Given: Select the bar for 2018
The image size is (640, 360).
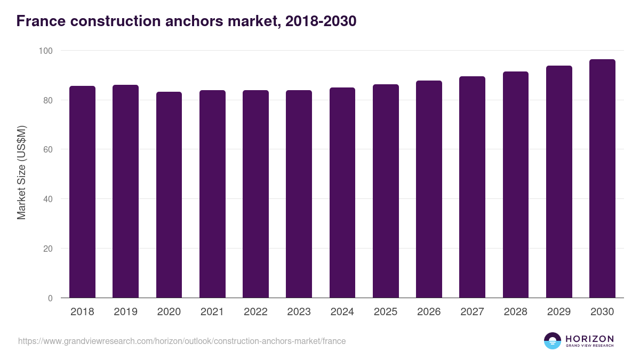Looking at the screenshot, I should [82, 192].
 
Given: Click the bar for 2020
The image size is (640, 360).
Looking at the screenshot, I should [169, 195].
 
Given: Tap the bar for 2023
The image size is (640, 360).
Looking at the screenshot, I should [299, 194].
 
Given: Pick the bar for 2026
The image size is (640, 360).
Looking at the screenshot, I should [429, 189].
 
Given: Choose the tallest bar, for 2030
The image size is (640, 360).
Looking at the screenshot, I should [602, 179].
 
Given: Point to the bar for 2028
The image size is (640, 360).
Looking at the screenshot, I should [515, 185].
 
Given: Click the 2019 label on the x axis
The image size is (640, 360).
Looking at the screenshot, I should [125, 312].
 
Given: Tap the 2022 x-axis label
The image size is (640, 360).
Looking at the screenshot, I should [255, 312].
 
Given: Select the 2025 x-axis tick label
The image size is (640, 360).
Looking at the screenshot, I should [386, 312].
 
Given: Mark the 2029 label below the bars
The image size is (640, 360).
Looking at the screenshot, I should [559, 312].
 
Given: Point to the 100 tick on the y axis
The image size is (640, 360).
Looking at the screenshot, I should [46, 51].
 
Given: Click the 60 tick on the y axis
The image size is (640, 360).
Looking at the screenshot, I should [48, 150].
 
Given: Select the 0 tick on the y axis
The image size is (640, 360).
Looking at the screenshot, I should [50, 298].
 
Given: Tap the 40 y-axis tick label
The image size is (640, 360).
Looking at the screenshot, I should [48, 199].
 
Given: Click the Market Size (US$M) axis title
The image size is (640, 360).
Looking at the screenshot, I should [21, 172].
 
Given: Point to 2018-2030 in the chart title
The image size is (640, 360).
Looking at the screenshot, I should [321, 21].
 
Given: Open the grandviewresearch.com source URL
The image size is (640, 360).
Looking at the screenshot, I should [182, 341].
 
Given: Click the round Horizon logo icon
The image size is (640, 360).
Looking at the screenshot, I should [552, 341].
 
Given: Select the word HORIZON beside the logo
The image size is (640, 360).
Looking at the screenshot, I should [589, 339].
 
